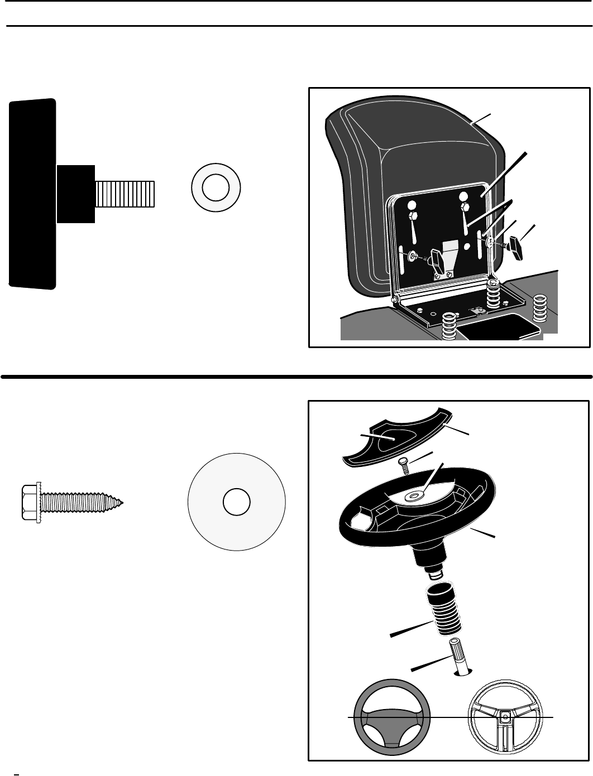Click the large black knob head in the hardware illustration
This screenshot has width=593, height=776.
32,194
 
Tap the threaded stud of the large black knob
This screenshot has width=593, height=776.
125,194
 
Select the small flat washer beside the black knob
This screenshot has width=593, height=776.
216,188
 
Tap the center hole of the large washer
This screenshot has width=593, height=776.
236,503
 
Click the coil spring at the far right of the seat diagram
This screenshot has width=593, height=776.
539,308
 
